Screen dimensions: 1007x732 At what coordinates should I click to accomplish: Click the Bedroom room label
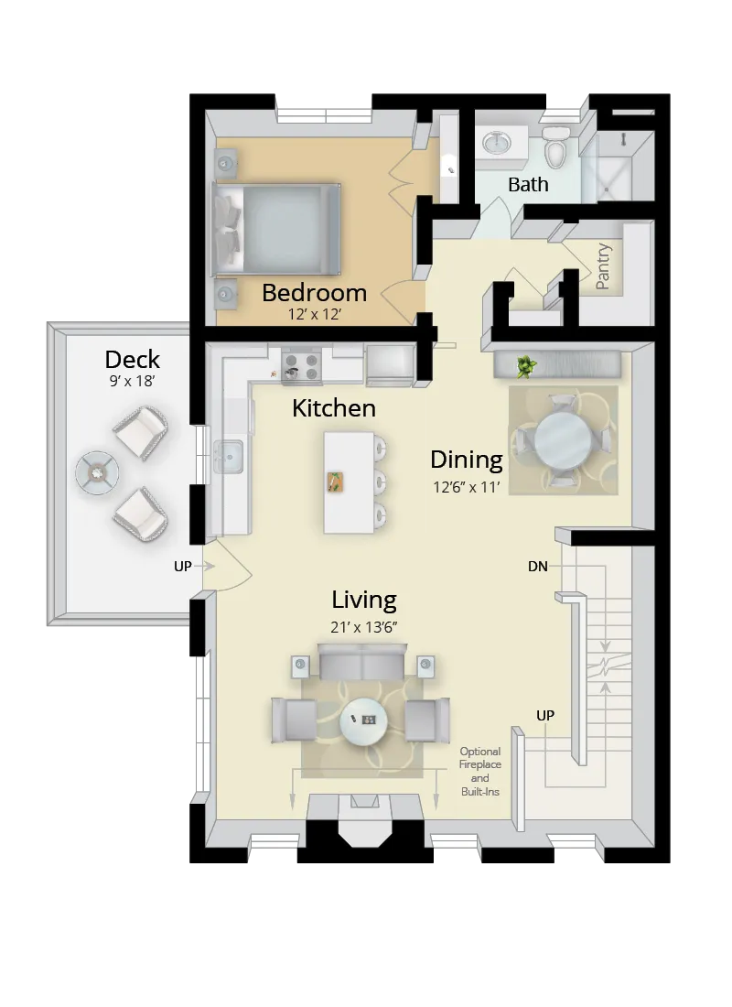coord(314,293)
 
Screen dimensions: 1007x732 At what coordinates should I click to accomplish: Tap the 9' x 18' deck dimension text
coord(133,382)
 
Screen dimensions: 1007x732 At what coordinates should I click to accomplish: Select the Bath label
coord(528,184)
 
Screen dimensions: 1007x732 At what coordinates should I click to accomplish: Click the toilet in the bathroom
coord(555,146)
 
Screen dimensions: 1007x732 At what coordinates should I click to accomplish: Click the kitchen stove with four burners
coord(302,366)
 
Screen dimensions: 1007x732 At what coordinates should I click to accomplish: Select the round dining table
coord(563,440)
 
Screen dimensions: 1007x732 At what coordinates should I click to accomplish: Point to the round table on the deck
coord(96,471)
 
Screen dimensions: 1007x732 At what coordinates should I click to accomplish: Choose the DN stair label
coord(538,567)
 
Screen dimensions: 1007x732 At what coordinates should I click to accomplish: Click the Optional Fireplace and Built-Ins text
coord(479,772)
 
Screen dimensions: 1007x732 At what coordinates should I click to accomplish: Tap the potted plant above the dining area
coord(527,367)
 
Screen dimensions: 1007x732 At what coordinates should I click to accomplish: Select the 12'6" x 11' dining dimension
coord(467,488)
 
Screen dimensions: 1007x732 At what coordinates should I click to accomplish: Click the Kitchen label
coord(333,408)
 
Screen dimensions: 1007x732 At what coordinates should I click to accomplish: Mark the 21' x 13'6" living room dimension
coord(363,627)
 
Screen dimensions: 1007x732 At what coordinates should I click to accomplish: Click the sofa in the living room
coord(361,662)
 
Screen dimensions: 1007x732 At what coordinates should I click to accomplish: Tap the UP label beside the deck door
coord(183,567)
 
